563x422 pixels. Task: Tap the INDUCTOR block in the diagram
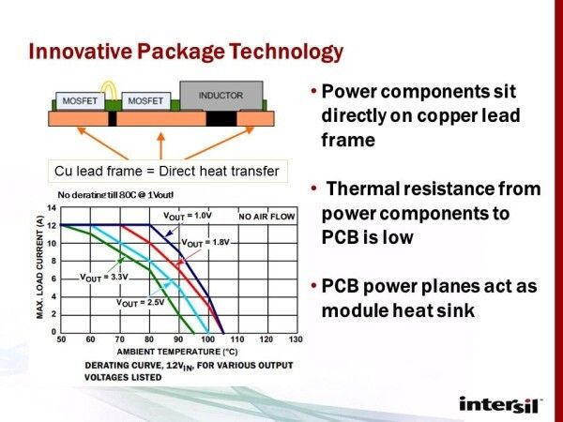[x=221, y=96]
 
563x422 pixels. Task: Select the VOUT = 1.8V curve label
[x=206, y=243]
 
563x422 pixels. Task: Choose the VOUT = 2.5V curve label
[x=142, y=303]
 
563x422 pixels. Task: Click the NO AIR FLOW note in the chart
[x=266, y=217]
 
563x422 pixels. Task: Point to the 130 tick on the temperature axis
[x=296, y=339]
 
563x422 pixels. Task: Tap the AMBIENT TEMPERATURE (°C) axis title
[x=175, y=351]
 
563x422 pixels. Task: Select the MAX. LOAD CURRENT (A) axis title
[x=40, y=265]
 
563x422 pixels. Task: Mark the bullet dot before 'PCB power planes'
[x=313, y=288]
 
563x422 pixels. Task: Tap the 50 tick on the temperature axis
[x=61, y=339]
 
